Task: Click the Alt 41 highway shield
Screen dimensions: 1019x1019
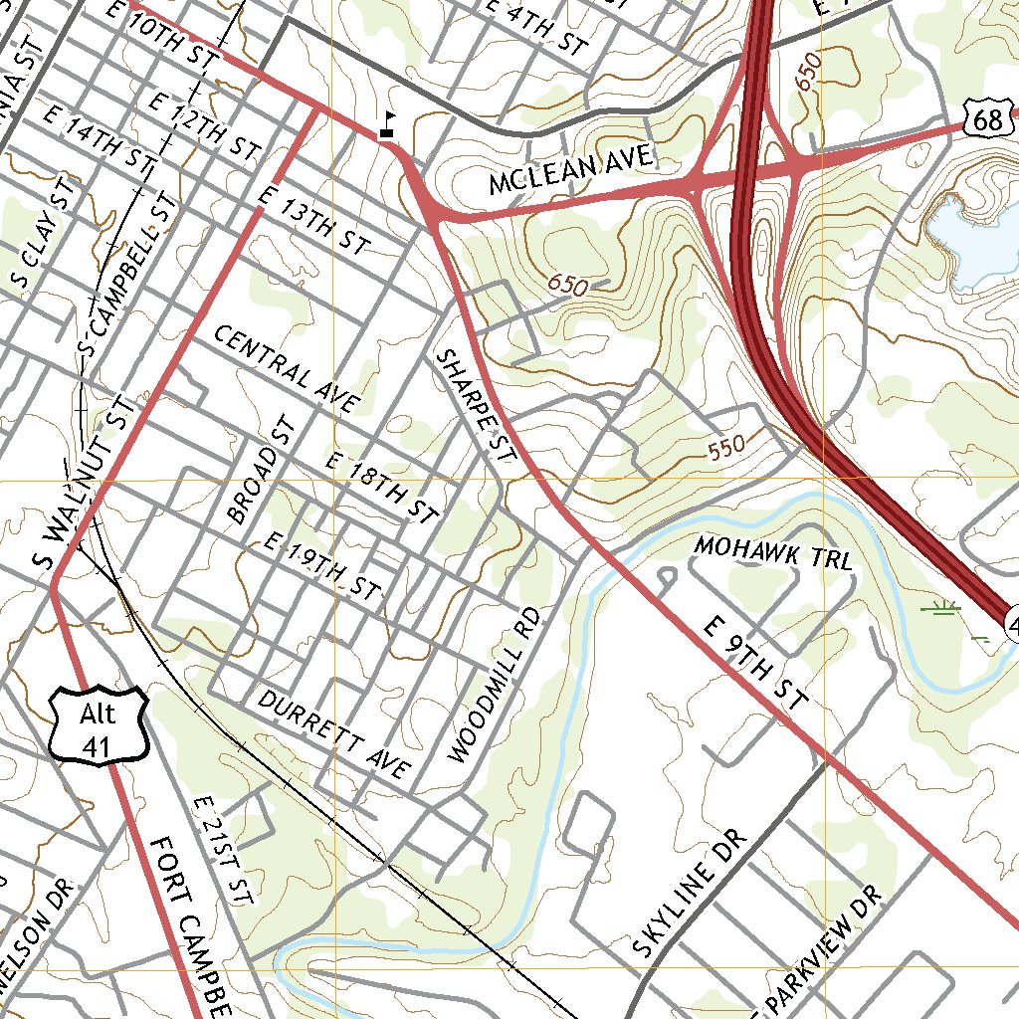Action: pos(98,727)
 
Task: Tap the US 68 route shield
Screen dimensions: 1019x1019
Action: pos(988,120)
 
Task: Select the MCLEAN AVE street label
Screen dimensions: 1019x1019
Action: pos(571,169)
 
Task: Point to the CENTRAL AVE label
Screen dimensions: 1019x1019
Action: pos(285,368)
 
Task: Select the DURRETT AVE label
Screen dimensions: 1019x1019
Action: pos(333,734)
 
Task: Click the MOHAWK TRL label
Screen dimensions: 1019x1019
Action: pos(773,552)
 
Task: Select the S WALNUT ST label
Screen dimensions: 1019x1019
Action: pos(84,483)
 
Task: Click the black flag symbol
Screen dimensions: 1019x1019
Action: pos(388,124)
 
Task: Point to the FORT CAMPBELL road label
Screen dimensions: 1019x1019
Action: pos(192,925)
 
